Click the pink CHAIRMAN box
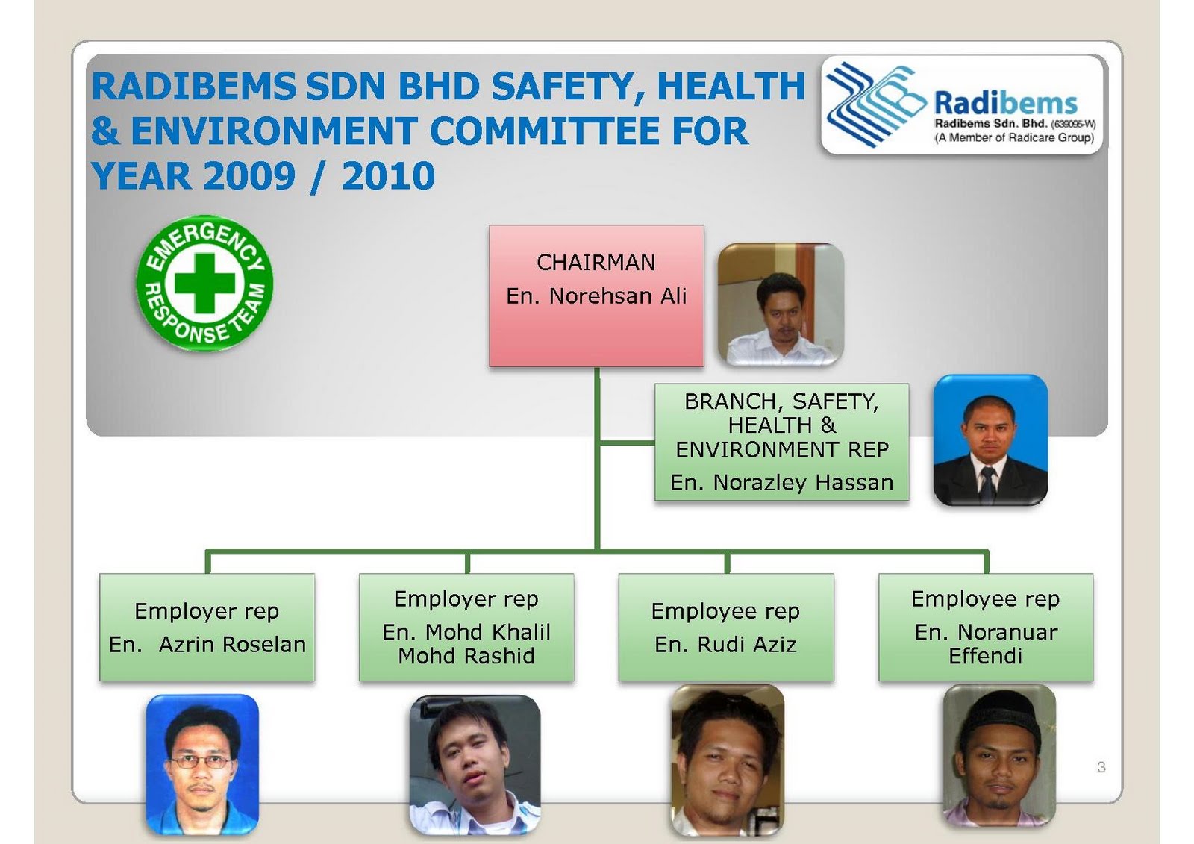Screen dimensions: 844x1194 tap(596, 296)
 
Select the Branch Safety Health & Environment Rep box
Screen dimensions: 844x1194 tap(781, 442)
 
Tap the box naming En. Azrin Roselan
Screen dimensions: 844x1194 tap(207, 627)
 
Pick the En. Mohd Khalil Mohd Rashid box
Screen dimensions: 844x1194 tap(466, 627)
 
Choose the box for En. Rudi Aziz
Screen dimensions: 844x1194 tap(725, 627)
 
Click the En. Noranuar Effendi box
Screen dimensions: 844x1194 tap(986, 627)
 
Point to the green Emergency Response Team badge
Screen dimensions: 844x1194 tap(204, 284)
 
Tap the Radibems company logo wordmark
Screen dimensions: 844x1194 tap(1005, 103)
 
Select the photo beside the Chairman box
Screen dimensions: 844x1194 tap(781, 304)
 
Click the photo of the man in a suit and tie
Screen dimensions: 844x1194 tap(990, 440)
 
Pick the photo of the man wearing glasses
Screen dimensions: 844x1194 tap(202, 763)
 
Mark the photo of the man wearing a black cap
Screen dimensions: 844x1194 tap(999, 755)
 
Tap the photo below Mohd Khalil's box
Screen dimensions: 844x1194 tap(475, 763)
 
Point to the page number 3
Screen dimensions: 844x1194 tap(1101, 767)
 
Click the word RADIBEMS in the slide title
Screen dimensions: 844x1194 tap(193, 87)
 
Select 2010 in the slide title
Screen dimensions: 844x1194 tap(388, 177)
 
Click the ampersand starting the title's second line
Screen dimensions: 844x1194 tap(105, 131)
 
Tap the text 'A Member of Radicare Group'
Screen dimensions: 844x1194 tap(1014, 138)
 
